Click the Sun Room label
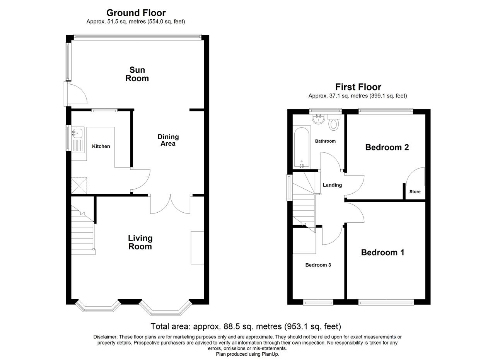(137, 74)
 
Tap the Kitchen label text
(101, 146)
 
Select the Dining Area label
(168, 140)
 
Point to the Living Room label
(140, 242)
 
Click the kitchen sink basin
(77, 133)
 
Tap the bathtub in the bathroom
(302, 147)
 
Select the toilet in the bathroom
(334, 123)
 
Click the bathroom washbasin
(318, 119)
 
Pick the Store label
(415, 192)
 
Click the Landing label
(332, 185)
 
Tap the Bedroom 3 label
(318, 265)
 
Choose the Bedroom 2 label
(387, 147)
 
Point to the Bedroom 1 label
(382, 253)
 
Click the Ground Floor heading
(136, 13)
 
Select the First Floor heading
(358, 87)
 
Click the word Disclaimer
(105, 337)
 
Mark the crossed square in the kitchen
(79, 186)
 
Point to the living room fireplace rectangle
(197, 248)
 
